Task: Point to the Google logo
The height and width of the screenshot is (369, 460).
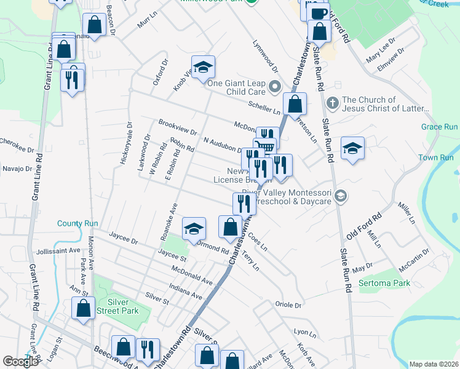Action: click(x=20, y=362)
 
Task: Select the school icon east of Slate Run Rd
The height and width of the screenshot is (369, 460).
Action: click(x=352, y=148)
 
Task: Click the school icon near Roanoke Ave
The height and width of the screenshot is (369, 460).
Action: click(x=194, y=229)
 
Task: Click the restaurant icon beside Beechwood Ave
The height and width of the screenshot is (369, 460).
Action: click(x=147, y=349)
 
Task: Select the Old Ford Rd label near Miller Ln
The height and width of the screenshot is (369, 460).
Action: click(x=364, y=226)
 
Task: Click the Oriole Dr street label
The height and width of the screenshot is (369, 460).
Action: click(x=289, y=305)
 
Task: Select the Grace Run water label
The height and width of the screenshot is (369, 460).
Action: click(x=439, y=127)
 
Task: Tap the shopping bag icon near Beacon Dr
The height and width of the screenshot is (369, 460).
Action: click(x=95, y=25)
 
